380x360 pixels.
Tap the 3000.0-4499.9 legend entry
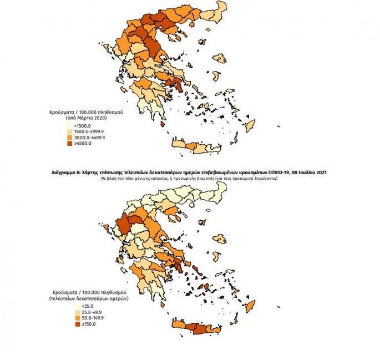point(84,138)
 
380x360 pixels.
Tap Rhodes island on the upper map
point(250,125)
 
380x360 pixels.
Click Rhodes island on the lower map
point(250,307)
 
